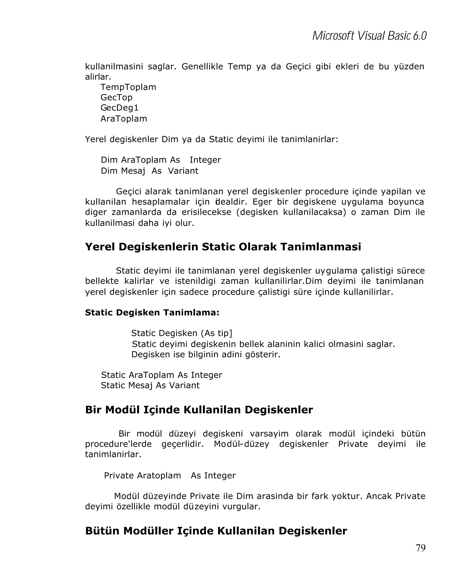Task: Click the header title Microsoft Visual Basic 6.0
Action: [x=369, y=36]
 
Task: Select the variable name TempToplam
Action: [x=128, y=87]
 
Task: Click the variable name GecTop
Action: [x=116, y=97]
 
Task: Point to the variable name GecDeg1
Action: [x=119, y=108]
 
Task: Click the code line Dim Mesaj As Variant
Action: [x=149, y=171]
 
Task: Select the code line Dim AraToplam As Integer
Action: [x=161, y=160]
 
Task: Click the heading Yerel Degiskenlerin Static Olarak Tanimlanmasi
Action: [x=223, y=247]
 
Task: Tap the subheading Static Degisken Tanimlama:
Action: [x=152, y=313]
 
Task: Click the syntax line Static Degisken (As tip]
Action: [x=182, y=333]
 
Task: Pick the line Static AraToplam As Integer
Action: [x=161, y=375]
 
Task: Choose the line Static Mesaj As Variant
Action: [x=150, y=385]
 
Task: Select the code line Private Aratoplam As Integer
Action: [x=170, y=476]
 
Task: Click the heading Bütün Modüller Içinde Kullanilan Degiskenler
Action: [x=216, y=531]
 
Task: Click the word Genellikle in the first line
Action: [x=202, y=67]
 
